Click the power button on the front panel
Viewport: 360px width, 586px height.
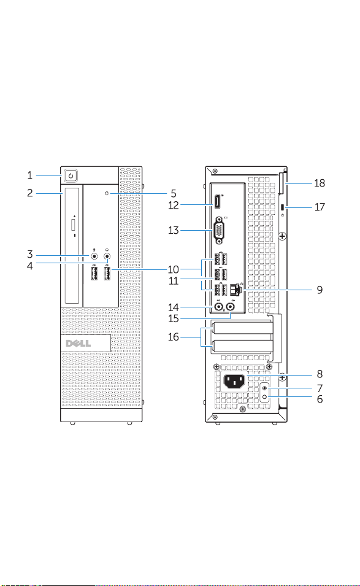(71, 175)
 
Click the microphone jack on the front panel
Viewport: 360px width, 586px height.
(94, 256)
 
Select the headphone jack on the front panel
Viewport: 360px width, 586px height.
(107, 256)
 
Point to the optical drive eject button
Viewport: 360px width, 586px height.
(73, 225)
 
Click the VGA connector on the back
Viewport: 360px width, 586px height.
(218, 231)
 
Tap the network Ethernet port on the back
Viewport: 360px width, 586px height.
(236, 289)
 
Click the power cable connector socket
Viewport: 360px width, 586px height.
(234, 382)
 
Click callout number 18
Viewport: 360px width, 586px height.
(320, 183)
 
